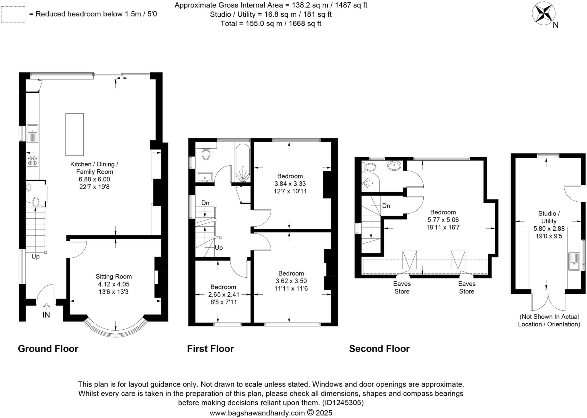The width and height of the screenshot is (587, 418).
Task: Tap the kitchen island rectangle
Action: (75, 134)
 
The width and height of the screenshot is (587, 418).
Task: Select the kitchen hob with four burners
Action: (32, 160)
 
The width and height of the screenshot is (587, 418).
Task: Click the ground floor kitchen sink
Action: (32, 133)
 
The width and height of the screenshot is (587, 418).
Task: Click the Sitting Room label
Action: (114, 277)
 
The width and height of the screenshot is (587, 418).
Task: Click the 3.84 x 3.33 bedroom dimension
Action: (290, 184)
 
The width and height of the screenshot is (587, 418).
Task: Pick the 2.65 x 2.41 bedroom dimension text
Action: (224, 294)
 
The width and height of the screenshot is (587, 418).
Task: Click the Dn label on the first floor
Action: (205, 203)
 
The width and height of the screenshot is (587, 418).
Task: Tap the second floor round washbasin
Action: (394, 165)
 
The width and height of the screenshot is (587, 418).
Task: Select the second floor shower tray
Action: (370, 182)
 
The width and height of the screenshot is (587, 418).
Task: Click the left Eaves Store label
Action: (402, 287)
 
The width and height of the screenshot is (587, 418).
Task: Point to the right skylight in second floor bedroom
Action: (458, 260)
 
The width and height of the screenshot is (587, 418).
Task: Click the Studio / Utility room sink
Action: (574, 261)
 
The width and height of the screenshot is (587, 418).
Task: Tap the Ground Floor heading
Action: (48, 349)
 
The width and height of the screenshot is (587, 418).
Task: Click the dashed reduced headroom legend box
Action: (13, 14)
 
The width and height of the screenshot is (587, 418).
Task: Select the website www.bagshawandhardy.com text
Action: (257, 413)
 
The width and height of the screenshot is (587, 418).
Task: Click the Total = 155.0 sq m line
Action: (271, 24)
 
